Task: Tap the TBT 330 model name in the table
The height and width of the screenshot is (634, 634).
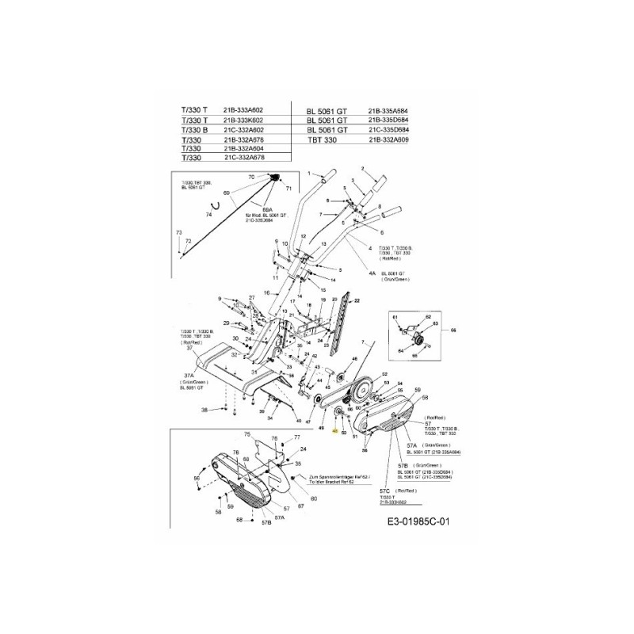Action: point(319,139)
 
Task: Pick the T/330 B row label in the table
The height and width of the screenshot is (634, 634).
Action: point(194,129)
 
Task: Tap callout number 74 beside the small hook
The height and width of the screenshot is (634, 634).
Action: point(208,215)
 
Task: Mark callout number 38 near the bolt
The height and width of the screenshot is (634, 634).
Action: point(204,410)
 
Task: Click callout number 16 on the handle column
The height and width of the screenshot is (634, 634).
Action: point(267,293)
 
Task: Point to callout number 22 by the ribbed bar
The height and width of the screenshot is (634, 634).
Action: point(357,301)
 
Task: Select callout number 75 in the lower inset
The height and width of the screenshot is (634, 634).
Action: point(246,434)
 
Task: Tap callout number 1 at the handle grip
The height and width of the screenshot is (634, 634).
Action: point(299,173)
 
